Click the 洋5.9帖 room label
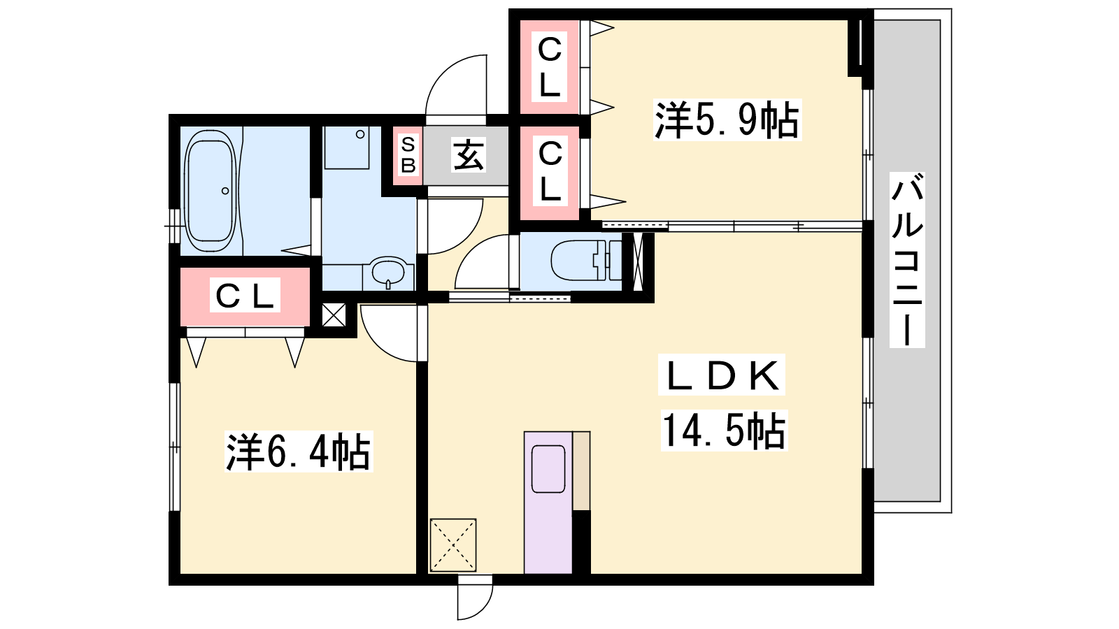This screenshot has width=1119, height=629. (727, 120)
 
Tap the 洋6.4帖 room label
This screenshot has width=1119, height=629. (299, 451)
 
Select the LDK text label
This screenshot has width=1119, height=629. (722, 375)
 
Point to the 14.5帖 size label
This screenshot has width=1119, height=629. (725, 431)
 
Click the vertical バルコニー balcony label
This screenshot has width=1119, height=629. (907, 259)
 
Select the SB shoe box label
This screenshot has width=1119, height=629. (408, 155)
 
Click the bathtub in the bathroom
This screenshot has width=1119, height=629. (211, 191)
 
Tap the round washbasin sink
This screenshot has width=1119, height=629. (389, 272)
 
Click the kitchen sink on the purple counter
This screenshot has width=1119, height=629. (548, 469)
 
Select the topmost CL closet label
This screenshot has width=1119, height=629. (550, 67)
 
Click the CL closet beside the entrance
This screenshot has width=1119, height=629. (550, 171)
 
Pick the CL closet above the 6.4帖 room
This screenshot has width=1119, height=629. (245, 296)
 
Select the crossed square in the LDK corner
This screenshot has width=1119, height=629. (453, 545)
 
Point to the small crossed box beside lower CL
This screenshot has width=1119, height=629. (334, 315)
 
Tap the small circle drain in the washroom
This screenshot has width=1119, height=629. (360, 134)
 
